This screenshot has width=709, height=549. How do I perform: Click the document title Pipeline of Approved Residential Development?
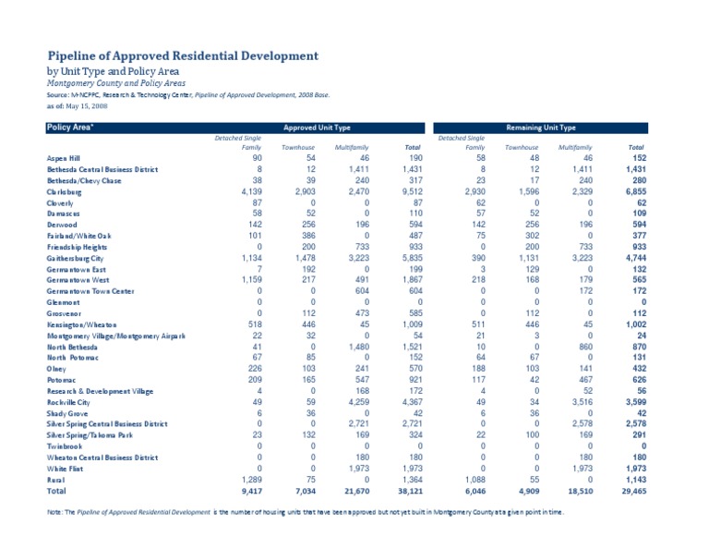click(183, 55)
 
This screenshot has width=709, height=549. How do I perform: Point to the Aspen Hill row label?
click(65, 159)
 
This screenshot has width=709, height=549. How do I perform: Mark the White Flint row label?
click(66, 468)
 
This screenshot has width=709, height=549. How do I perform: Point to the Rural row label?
click(56, 479)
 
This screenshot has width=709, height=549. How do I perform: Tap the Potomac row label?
click(63, 379)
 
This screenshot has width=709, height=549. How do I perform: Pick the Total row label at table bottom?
click(57, 491)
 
